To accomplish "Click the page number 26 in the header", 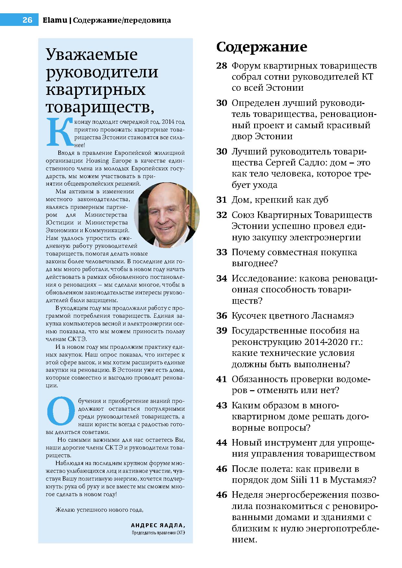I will pyautogui.click(x=27, y=20).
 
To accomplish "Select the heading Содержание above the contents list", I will pyautogui.click(x=261, y=47).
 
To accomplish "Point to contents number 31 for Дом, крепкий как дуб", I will pyautogui.click(x=221, y=200).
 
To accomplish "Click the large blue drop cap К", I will pyautogui.click(x=59, y=132).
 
